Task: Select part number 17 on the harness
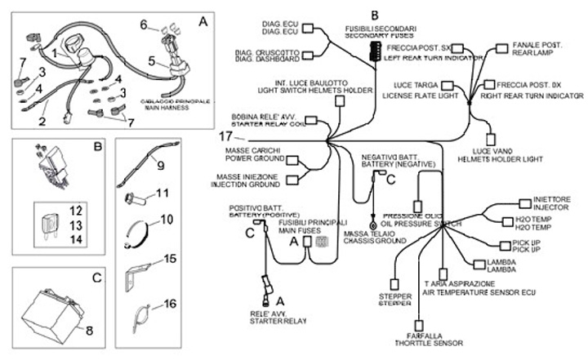(225, 137)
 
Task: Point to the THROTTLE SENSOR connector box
(417, 314)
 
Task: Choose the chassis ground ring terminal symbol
(373, 224)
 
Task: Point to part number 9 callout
(160, 166)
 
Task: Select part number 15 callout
(170, 259)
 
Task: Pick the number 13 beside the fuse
(74, 224)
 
